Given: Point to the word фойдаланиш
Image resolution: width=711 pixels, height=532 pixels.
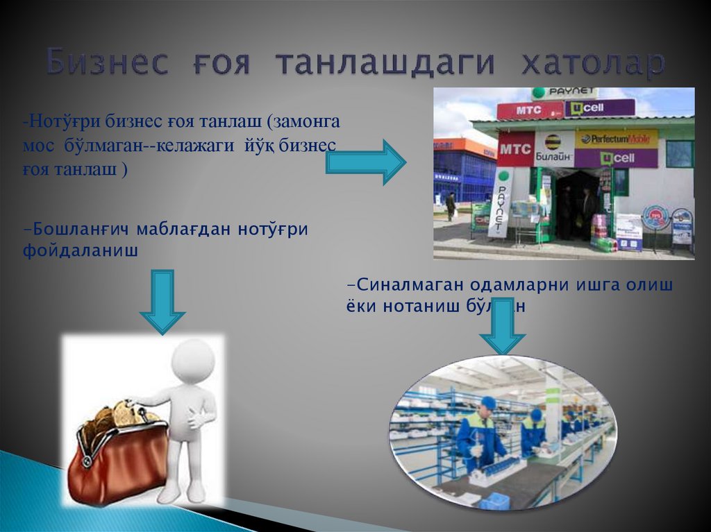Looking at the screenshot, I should coord(81,250).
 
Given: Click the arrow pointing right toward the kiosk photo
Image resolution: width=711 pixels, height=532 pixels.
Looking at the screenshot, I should coord(366,162).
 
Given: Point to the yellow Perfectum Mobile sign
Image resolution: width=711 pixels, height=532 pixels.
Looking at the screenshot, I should coord(616,139).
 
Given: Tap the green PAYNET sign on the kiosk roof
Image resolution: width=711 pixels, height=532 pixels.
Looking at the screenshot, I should coord(564,93).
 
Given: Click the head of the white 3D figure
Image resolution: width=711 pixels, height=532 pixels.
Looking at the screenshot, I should coord(192,359).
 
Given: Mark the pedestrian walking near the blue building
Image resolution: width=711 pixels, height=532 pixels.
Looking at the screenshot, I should coord(451,205).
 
